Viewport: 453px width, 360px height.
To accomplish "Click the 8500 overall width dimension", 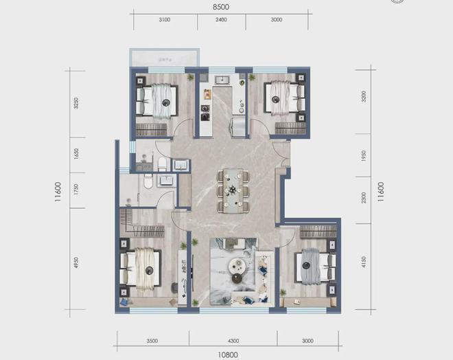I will (220, 6).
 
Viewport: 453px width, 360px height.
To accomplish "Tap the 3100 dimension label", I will (164, 21).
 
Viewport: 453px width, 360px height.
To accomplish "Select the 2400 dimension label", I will (221, 21).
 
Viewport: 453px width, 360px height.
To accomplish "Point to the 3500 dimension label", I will (152, 340).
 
